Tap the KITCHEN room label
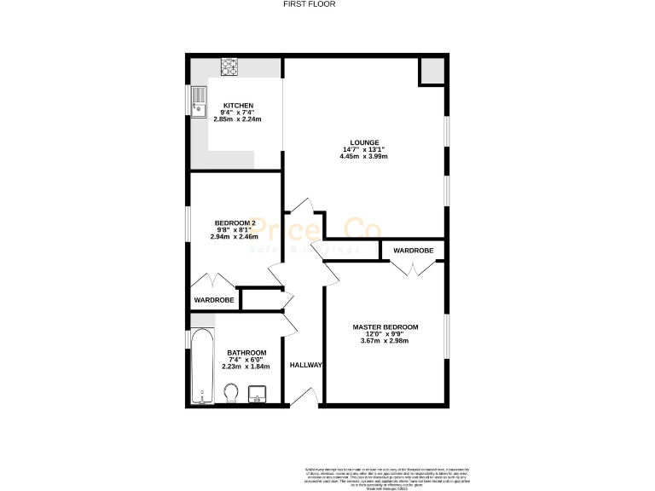pyautogui.click(x=238, y=105)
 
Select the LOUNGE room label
pyautogui.click(x=364, y=142)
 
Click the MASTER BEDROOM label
pyautogui.click(x=385, y=326)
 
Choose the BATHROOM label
pyautogui.click(x=246, y=353)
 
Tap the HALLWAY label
pyautogui.click(x=305, y=365)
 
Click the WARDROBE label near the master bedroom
pyautogui.click(x=413, y=251)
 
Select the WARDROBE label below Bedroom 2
pyautogui.click(x=214, y=300)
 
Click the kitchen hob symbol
pyautogui.click(x=230, y=64)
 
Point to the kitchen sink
pyautogui.click(x=198, y=101)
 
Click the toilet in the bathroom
pyautogui.click(x=230, y=393)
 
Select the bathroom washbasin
pyautogui.click(x=257, y=394)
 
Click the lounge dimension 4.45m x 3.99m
pyautogui.click(x=364, y=158)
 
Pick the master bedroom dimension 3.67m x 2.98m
pyautogui.click(x=385, y=341)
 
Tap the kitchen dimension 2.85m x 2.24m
pyautogui.click(x=238, y=119)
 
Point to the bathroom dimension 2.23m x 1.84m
pyautogui.click(x=246, y=367)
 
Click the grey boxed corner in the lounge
pyautogui.click(x=432, y=72)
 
